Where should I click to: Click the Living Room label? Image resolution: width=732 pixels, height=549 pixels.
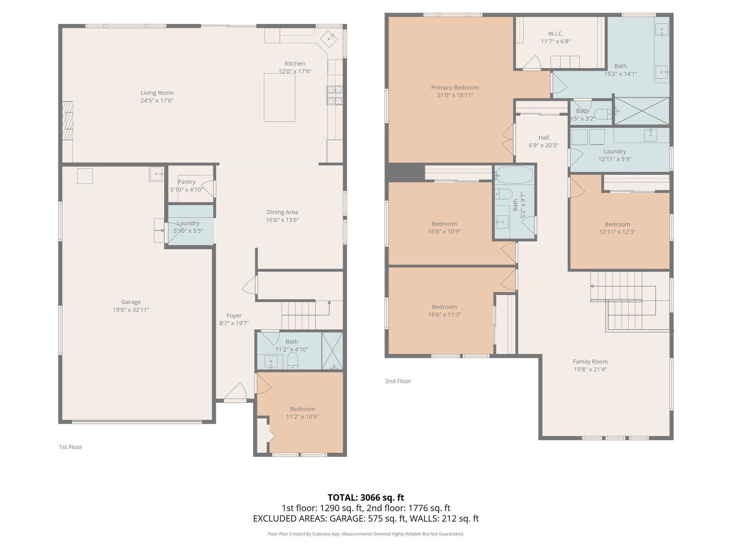[157, 93]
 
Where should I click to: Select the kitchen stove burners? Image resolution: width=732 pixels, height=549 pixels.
[334, 95]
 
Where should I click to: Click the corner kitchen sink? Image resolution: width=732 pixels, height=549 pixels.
[328, 38]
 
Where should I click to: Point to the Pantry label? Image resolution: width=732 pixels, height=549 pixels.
[187, 182]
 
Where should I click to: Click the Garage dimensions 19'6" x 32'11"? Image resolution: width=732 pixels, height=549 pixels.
[131, 310]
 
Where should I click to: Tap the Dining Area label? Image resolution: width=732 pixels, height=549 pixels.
[282, 212]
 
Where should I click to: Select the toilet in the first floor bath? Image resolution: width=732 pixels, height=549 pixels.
[293, 361]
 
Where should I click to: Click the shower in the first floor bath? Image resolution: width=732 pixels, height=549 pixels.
[332, 351]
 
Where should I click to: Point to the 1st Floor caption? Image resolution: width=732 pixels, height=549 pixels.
[70, 447]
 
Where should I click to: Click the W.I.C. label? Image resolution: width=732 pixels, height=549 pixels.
[555, 34]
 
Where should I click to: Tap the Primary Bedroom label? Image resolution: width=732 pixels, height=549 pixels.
[455, 88]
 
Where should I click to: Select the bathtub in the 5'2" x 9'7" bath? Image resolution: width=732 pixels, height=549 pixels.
[515, 175]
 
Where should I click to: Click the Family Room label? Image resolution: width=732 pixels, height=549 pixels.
[590, 362]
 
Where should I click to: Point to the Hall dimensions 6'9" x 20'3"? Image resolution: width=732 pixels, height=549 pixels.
[543, 145]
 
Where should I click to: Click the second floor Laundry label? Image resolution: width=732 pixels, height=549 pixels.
[615, 152]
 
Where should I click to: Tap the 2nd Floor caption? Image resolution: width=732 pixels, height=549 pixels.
[398, 381]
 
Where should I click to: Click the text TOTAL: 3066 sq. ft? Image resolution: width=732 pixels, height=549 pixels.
[366, 498]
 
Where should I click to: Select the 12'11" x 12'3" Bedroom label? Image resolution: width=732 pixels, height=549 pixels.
[617, 224]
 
